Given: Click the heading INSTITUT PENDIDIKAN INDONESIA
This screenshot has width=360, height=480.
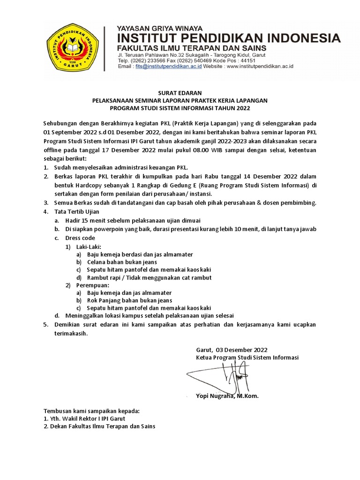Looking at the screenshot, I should click(x=229, y=37).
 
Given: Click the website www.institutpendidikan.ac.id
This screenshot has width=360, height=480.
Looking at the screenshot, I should click(x=259, y=67).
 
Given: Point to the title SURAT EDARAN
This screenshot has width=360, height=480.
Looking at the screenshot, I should click(x=180, y=93).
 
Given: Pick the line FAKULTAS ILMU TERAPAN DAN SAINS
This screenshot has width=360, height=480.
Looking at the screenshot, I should click(x=192, y=48).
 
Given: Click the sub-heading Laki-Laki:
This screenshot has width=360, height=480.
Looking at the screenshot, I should click(x=86, y=246).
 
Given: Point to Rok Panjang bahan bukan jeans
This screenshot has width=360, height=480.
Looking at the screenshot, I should click(x=129, y=300).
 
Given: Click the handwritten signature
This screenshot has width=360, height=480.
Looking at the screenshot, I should click(x=220, y=375).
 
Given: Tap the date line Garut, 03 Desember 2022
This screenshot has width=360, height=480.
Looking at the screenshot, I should click(x=232, y=350).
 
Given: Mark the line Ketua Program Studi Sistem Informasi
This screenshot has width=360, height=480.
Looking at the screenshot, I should click(x=247, y=358).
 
